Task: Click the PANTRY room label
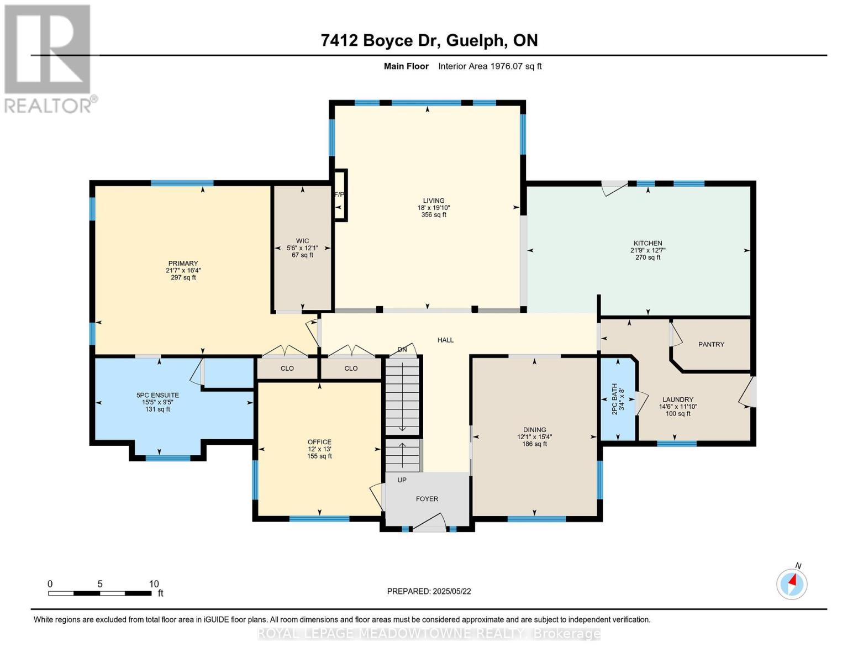(x=710, y=344)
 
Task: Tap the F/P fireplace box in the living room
(x=340, y=195)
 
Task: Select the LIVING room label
(x=434, y=201)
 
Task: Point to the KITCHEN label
(x=648, y=243)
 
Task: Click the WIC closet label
(x=302, y=241)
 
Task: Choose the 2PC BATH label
(x=614, y=399)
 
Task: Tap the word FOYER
(x=427, y=499)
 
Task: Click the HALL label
(x=445, y=340)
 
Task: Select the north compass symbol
(x=792, y=583)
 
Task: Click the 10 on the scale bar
(x=154, y=583)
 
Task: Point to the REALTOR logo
(x=49, y=59)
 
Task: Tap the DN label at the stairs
(x=402, y=350)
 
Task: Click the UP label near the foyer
(x=402, y=480)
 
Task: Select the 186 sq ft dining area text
(x=534, y=444)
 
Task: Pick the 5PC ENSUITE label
(x=157, y=395)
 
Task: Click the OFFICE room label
(x=319, y=442)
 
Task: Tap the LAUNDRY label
(x=678, y=399)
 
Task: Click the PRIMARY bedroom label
(x=183, y=264)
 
